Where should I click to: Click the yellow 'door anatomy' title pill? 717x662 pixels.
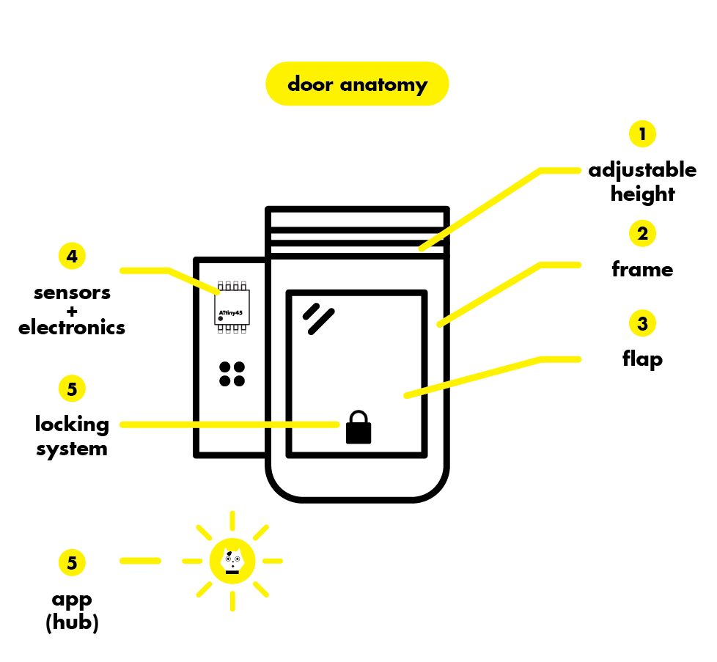(357, 84)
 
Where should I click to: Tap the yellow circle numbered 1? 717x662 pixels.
(642, 133)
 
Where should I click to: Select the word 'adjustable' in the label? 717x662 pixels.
(642, 170)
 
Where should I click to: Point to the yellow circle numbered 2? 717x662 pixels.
(642, 233)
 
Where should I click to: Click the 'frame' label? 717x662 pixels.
(642, 269)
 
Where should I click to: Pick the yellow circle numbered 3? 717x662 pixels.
(642, 323)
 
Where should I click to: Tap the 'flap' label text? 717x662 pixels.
(642, 359)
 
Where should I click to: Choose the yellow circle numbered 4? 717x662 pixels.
(72, 256)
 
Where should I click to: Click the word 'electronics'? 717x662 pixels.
(72, 328)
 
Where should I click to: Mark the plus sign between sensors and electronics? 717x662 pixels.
(72, 310)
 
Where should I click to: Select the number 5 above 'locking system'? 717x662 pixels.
(72, 389)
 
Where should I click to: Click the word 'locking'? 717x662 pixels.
(72, 424)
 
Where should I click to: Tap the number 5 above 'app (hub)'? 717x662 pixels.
(72, 563)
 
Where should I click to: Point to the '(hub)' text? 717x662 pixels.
(72, 623)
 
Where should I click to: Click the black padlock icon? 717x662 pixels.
(358, 428)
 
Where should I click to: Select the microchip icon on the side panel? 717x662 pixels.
(232, 306)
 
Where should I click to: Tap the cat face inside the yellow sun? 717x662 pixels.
(232, 561)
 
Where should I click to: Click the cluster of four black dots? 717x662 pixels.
(232, 373)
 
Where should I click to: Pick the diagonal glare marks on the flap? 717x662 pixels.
(319, 318)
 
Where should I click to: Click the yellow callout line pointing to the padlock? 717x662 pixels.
(227, 424)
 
